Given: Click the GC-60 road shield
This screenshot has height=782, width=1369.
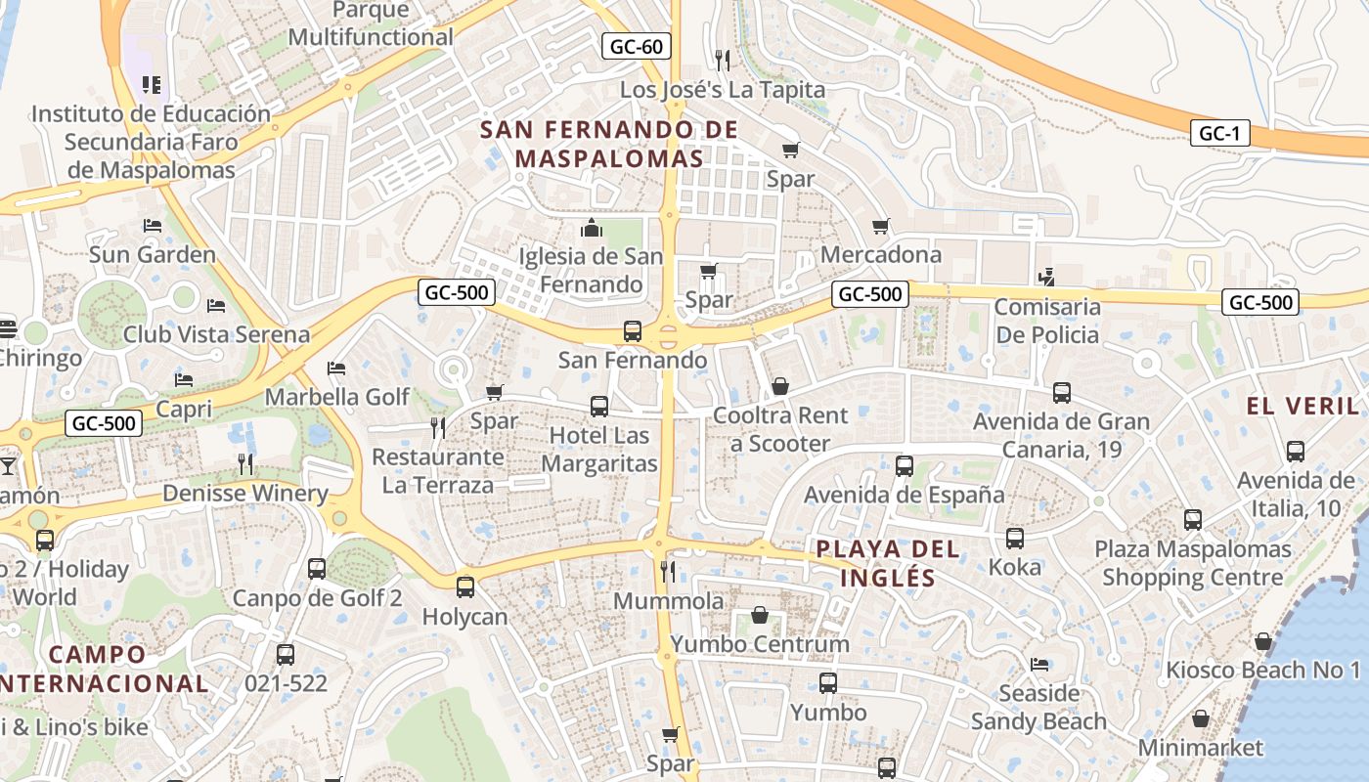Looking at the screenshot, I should coord(636,45).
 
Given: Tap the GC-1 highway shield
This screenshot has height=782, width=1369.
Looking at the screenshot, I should coord(1219,134).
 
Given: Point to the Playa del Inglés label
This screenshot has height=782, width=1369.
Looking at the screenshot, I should coord(888,562).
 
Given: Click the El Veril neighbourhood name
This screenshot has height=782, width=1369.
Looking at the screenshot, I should coord(1303,406).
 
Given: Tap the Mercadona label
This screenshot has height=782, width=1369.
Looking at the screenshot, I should coord(881,254).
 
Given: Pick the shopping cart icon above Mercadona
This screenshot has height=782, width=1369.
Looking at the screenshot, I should coord(881,227).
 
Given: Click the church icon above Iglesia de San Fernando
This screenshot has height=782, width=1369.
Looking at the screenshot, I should coord(592,229).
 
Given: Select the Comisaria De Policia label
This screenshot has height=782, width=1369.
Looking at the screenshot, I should coord(1047,321).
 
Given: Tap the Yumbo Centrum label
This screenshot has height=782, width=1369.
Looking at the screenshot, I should coord(760,644).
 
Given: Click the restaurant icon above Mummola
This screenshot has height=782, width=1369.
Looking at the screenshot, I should coord(669,571).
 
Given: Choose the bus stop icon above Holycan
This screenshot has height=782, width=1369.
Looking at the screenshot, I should coord(465,587).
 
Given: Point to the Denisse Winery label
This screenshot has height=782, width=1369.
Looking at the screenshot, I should coord(245,493).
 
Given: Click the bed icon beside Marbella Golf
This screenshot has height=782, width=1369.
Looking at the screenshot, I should coord(336,369).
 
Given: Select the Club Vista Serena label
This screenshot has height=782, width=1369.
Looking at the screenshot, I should coord(216,334).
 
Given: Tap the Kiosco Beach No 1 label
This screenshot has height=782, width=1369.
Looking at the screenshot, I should coord(1262,671).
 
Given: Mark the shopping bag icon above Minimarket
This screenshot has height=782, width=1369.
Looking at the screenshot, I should coord(1201,719).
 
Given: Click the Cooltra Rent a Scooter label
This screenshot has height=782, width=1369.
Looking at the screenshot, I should coord(780,429).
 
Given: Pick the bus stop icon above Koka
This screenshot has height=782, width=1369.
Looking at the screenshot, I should coord(1015,539).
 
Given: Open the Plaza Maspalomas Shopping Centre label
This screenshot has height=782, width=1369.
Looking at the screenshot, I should coord(1193,563).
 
